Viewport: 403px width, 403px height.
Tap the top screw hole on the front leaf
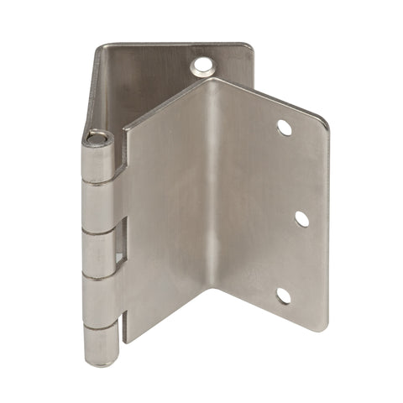pyautogui.click(x=284, y=127)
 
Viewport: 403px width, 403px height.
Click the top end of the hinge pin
pyautogui.click(x=99, y=136)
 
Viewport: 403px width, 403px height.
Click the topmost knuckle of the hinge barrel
pyautogui.click(x=99, y=160)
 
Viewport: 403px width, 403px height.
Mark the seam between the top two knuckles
pyautogui.click(x=99, y=182)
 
